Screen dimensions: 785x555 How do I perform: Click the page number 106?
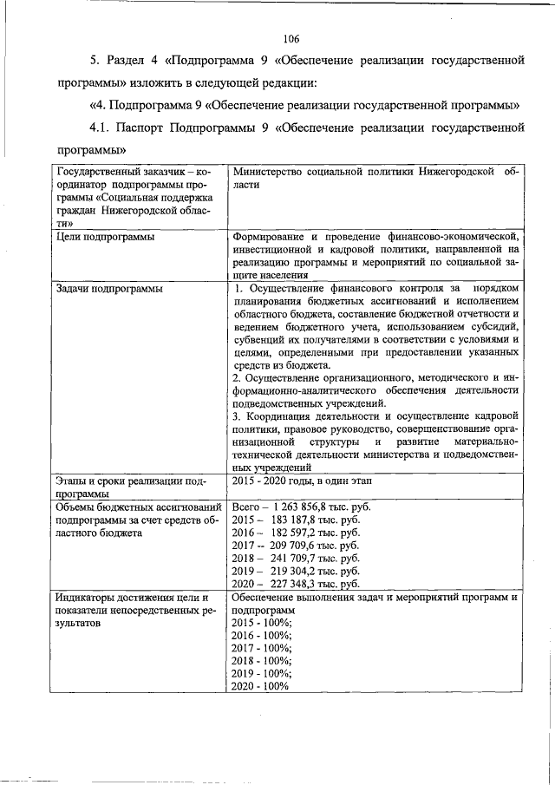pyautogui.click(x=291, y=38)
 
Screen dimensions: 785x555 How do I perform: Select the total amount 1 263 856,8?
pyautogui.click(x=305, y=506)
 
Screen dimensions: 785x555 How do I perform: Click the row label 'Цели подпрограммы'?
pyautogui.click(x=105, y=237)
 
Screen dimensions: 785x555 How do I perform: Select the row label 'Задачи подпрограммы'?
pyautogui.click(x=109, y=288)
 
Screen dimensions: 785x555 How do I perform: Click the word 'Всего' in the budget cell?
pyautogui.click(x=249, y=506)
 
